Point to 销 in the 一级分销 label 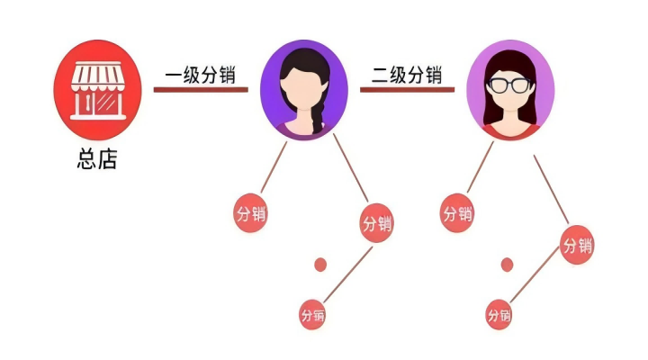232,74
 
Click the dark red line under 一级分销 201,90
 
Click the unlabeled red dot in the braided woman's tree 319,265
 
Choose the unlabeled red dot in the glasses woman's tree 508,265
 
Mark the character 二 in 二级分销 374,74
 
